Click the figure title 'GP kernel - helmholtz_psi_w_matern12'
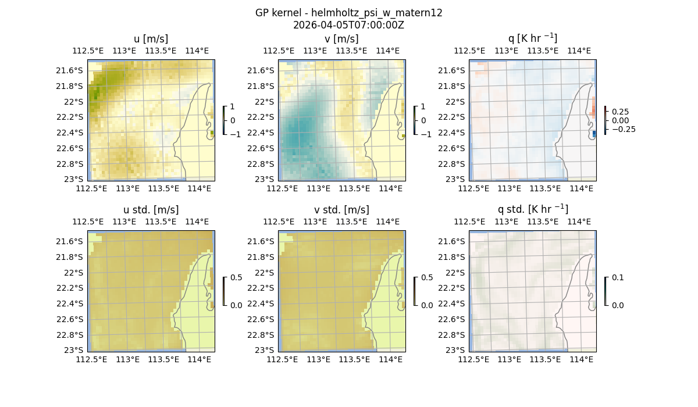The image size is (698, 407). point(348,13)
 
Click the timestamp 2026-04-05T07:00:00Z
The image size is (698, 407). point(348,25)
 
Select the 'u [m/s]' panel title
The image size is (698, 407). point(151,39)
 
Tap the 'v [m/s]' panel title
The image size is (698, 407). point(341,39)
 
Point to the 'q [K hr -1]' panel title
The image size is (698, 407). point(532,38)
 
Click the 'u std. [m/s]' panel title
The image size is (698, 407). point(151,210)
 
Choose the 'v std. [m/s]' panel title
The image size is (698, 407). point(341,210)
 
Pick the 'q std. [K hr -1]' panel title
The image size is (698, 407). point(532,209)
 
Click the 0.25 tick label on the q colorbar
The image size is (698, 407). point(620,112)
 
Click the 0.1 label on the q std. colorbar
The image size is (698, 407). point(617,278)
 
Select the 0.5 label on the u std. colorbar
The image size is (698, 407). point(236,278)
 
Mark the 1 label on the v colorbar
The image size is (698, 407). point(423,107)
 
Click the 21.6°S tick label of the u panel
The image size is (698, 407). point(73,70)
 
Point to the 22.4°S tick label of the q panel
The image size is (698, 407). point(455,133)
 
